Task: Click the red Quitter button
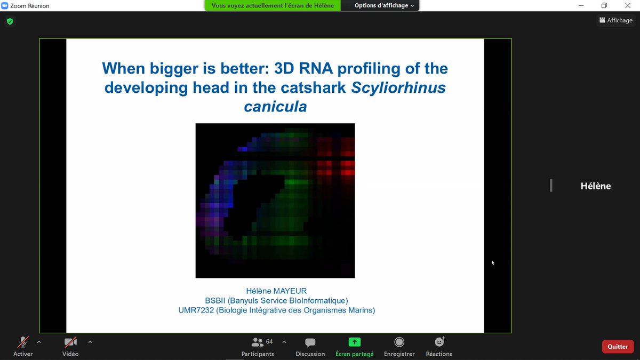pos(618,346)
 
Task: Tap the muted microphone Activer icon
pos(23,342)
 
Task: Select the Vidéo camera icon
pos(70,342)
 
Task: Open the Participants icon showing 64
pos(258,342)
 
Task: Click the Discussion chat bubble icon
pos(310,342)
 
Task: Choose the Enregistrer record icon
pos(399,342)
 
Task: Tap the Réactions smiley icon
pos(439,342)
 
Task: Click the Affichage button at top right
pos(615,20)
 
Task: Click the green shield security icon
pos(10,22)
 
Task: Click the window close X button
pos(628,5)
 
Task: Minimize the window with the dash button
pos(580,5)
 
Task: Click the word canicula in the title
pos(275,107)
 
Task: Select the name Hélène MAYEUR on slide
pos(277,291)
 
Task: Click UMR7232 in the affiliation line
pos(196,310)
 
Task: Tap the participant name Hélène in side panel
pos(595,186)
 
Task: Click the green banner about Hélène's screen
pos(272,5)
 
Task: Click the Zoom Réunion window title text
pos(30,5)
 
